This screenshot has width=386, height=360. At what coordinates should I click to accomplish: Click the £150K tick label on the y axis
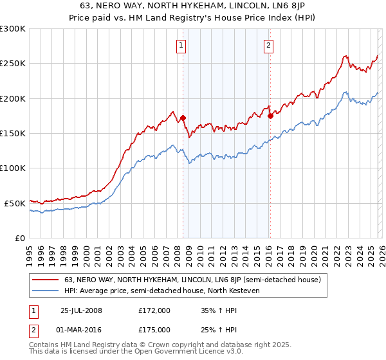[x=12, y=134]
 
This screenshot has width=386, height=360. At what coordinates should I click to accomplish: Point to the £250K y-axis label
[x=12, y=64]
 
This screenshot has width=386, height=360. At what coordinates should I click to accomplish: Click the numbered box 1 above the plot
[x=181, y=46]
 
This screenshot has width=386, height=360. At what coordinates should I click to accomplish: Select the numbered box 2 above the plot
[x=268, y=46]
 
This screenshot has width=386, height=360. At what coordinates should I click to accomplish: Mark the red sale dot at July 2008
[x=183, y=118]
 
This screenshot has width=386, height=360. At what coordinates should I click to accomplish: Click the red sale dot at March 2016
[x=270, y=116]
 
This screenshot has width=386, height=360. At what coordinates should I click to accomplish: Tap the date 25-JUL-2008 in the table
[x=81, y=310]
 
